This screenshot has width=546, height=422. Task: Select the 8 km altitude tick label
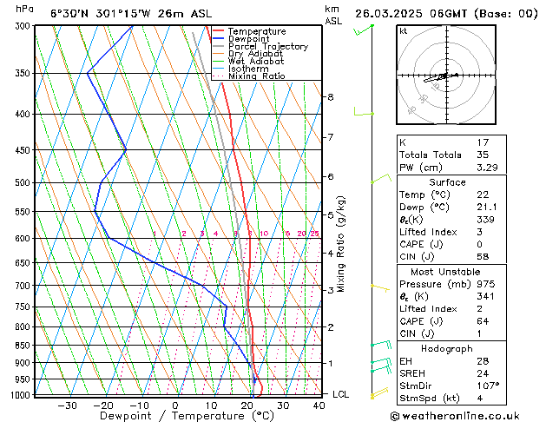click(331, 97)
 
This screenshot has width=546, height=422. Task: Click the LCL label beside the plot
click(341, 394)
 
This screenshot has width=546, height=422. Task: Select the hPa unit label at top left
click(25, 9)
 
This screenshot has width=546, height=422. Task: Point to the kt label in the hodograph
click(403, 31)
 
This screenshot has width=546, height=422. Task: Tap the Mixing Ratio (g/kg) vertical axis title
click(342, 244)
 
